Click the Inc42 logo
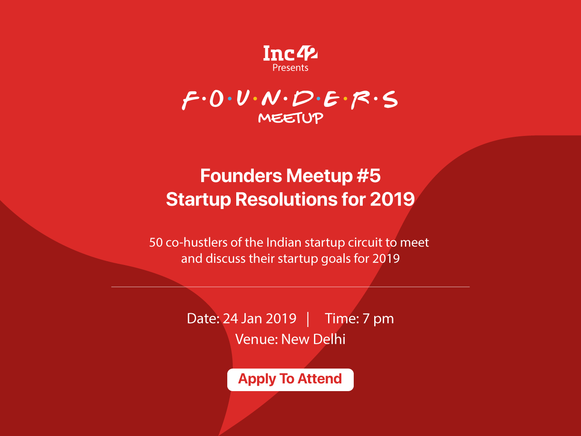click(290, 53)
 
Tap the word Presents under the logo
click(290, 68)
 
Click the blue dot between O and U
click(230, 98)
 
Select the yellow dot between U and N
click(255, 99)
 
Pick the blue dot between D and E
click(318, 98)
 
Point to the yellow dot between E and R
click(346, 99)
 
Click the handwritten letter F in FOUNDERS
click(190, 100)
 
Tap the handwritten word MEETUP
click(290, 118)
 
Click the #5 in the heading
click(369, 176)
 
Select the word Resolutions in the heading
click(286, 199)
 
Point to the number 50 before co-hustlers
click(156, 242)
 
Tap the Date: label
click(203, 318)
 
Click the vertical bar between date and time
click(308, 319)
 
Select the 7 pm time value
click(378, 319)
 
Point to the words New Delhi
click(313, 339)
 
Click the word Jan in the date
click(251, 318)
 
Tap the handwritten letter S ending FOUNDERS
click(390, 99)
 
